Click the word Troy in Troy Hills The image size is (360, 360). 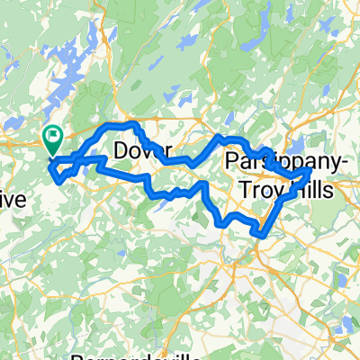[262, 189]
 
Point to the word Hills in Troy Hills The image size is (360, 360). [309, 189]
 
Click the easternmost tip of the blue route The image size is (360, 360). [311, 168]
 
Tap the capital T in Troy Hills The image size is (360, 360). [246, 189]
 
